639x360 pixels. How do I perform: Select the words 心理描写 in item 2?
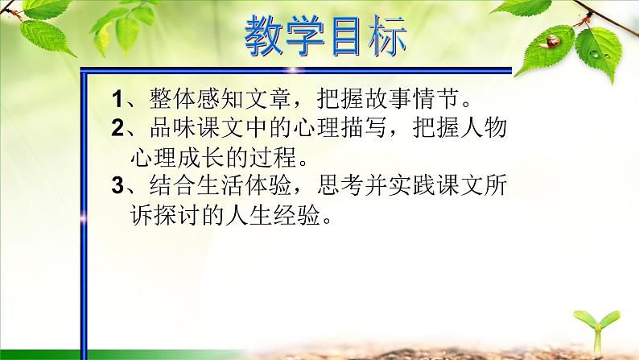pos(344,128)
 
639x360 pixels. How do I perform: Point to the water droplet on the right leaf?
pos(597,56)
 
